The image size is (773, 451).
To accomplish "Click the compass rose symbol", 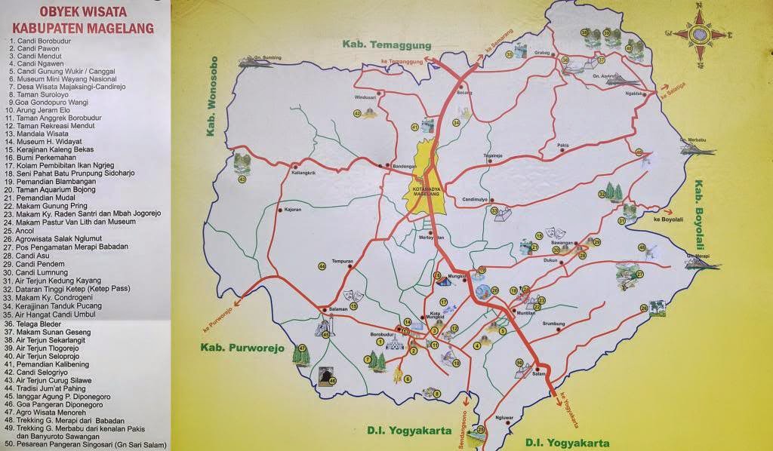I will point(700,34).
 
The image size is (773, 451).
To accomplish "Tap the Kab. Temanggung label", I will point(386,44).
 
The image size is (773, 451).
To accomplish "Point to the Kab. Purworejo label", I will point(242,348).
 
